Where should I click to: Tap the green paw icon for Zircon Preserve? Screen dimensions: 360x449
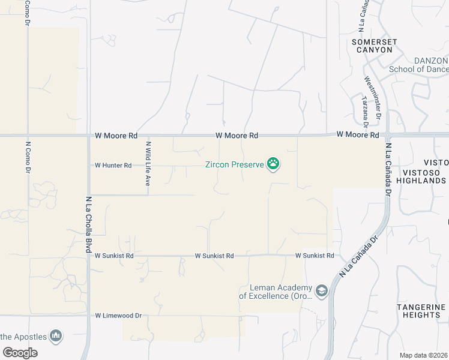click(274, 163)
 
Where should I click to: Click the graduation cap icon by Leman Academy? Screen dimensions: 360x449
click(322, 291)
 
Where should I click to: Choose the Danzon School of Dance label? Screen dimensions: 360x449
click(419, 65)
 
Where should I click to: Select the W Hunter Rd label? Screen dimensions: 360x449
click(113, 165)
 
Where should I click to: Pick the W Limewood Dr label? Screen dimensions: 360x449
click(118, 315)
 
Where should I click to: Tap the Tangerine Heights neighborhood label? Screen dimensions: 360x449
click(422, 311)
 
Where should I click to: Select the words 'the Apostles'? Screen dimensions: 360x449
click(23, 336)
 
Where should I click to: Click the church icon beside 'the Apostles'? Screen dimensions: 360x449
click(56, 335)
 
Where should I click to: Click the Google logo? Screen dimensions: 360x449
click(20, 353)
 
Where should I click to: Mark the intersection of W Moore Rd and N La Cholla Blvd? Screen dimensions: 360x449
click(89, 136)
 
